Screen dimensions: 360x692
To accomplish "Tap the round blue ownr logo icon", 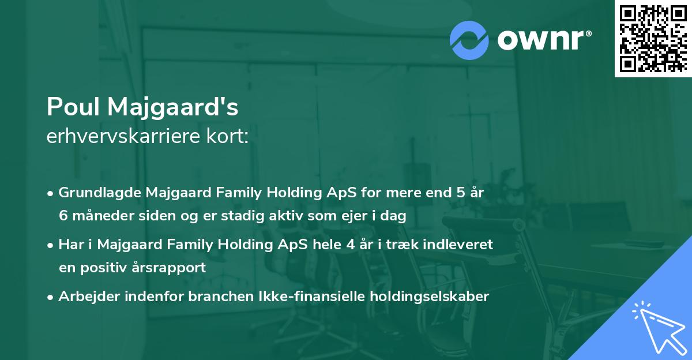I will [x=469, y=40].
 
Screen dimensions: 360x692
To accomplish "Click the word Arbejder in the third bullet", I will [x=85, y=297].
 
